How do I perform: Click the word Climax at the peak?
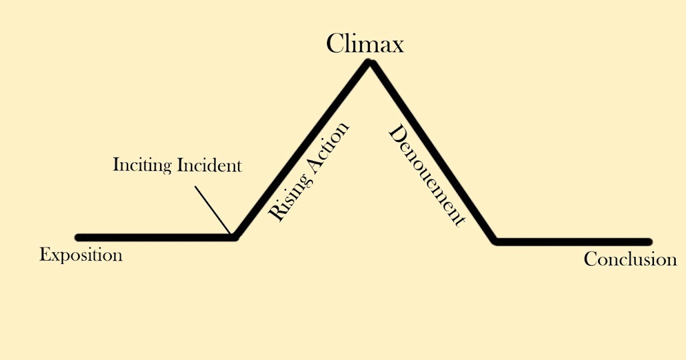(365, 43)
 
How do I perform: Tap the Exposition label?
(81, 254)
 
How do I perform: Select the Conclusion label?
(630, 259)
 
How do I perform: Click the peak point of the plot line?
(370, 63)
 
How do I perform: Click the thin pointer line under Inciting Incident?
(213, 209)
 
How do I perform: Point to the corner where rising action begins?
(233, 237)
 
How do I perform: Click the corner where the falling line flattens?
(497, 241)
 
